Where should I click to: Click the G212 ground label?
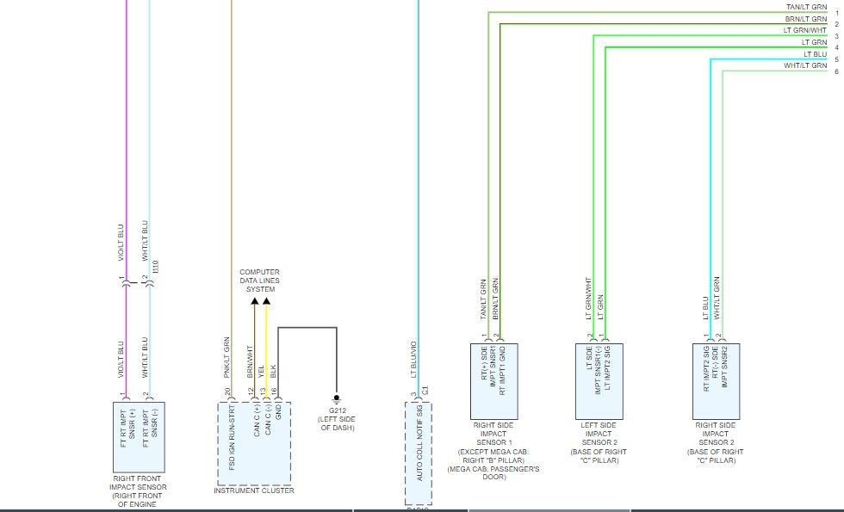(336, 411)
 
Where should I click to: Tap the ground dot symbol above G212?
(336, 398)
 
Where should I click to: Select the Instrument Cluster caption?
(254, 490)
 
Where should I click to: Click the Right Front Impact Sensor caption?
(138, 487)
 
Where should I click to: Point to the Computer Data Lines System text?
(259, 281)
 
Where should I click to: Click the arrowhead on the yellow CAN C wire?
(266, 302)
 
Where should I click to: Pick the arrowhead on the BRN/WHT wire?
(254, 302)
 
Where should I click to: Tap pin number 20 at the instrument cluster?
(227, 392)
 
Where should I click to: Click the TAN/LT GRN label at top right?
(806, 7)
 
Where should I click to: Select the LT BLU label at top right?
(815, 53)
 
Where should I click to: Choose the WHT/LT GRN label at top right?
(805, 65)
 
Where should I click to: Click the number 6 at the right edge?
(836, 71)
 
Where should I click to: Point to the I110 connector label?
(156, 268)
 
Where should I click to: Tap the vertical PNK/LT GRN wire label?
(227, 358)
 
